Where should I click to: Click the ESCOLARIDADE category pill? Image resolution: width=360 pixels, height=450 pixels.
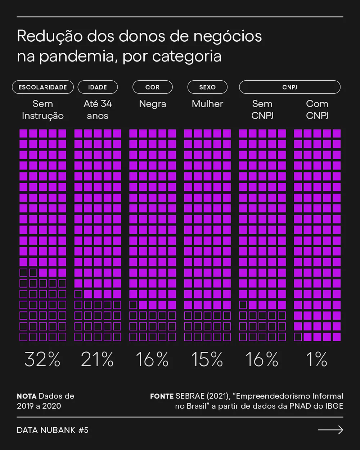[x=43, y=87]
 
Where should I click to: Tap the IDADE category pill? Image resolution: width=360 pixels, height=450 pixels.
[x=98, y=87]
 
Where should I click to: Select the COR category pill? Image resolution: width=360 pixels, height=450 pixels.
[x=152, y=87]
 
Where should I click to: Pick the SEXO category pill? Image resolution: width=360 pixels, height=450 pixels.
[x=207, y=87]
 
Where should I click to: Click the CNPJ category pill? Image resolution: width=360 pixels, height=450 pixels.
[x=289, y=87]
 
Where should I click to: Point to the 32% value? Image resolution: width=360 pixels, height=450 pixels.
[x=42, y=359]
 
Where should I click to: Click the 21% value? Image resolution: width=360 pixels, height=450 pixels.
[x=97, y=359]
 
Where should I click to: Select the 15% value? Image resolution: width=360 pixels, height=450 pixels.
[x=207, y=359]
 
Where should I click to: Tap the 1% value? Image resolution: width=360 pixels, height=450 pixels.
[x=317, y=359]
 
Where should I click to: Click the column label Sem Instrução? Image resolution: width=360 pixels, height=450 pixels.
[x=43, y=110]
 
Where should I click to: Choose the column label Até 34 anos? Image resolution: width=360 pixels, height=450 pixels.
[x=98, y=110]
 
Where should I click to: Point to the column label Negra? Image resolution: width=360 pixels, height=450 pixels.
[x=153, y=104]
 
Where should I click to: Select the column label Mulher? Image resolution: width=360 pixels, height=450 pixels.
[x=207, y=104]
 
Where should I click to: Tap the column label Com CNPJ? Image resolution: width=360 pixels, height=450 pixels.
[x=317, y=110]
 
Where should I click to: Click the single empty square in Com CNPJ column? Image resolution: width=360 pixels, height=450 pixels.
[x=298, y=337]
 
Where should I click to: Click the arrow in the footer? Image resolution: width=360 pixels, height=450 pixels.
[x=330, y=430]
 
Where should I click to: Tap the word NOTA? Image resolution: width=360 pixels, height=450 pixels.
[x=27, y=396]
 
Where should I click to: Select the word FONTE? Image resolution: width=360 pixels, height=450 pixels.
[x=162, y=396]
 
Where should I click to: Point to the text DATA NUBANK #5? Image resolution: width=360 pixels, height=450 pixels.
[x=53, y=430]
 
